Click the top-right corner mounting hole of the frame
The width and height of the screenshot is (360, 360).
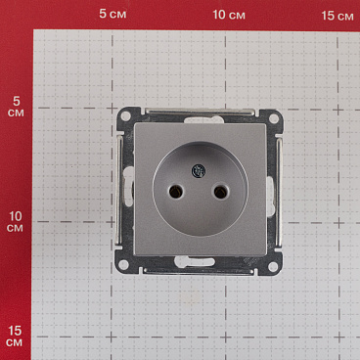click(x=274, y=117)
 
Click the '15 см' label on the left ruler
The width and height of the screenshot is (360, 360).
click(x=15, y=336)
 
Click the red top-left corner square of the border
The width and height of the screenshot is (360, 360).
click(x=16, y=14)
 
